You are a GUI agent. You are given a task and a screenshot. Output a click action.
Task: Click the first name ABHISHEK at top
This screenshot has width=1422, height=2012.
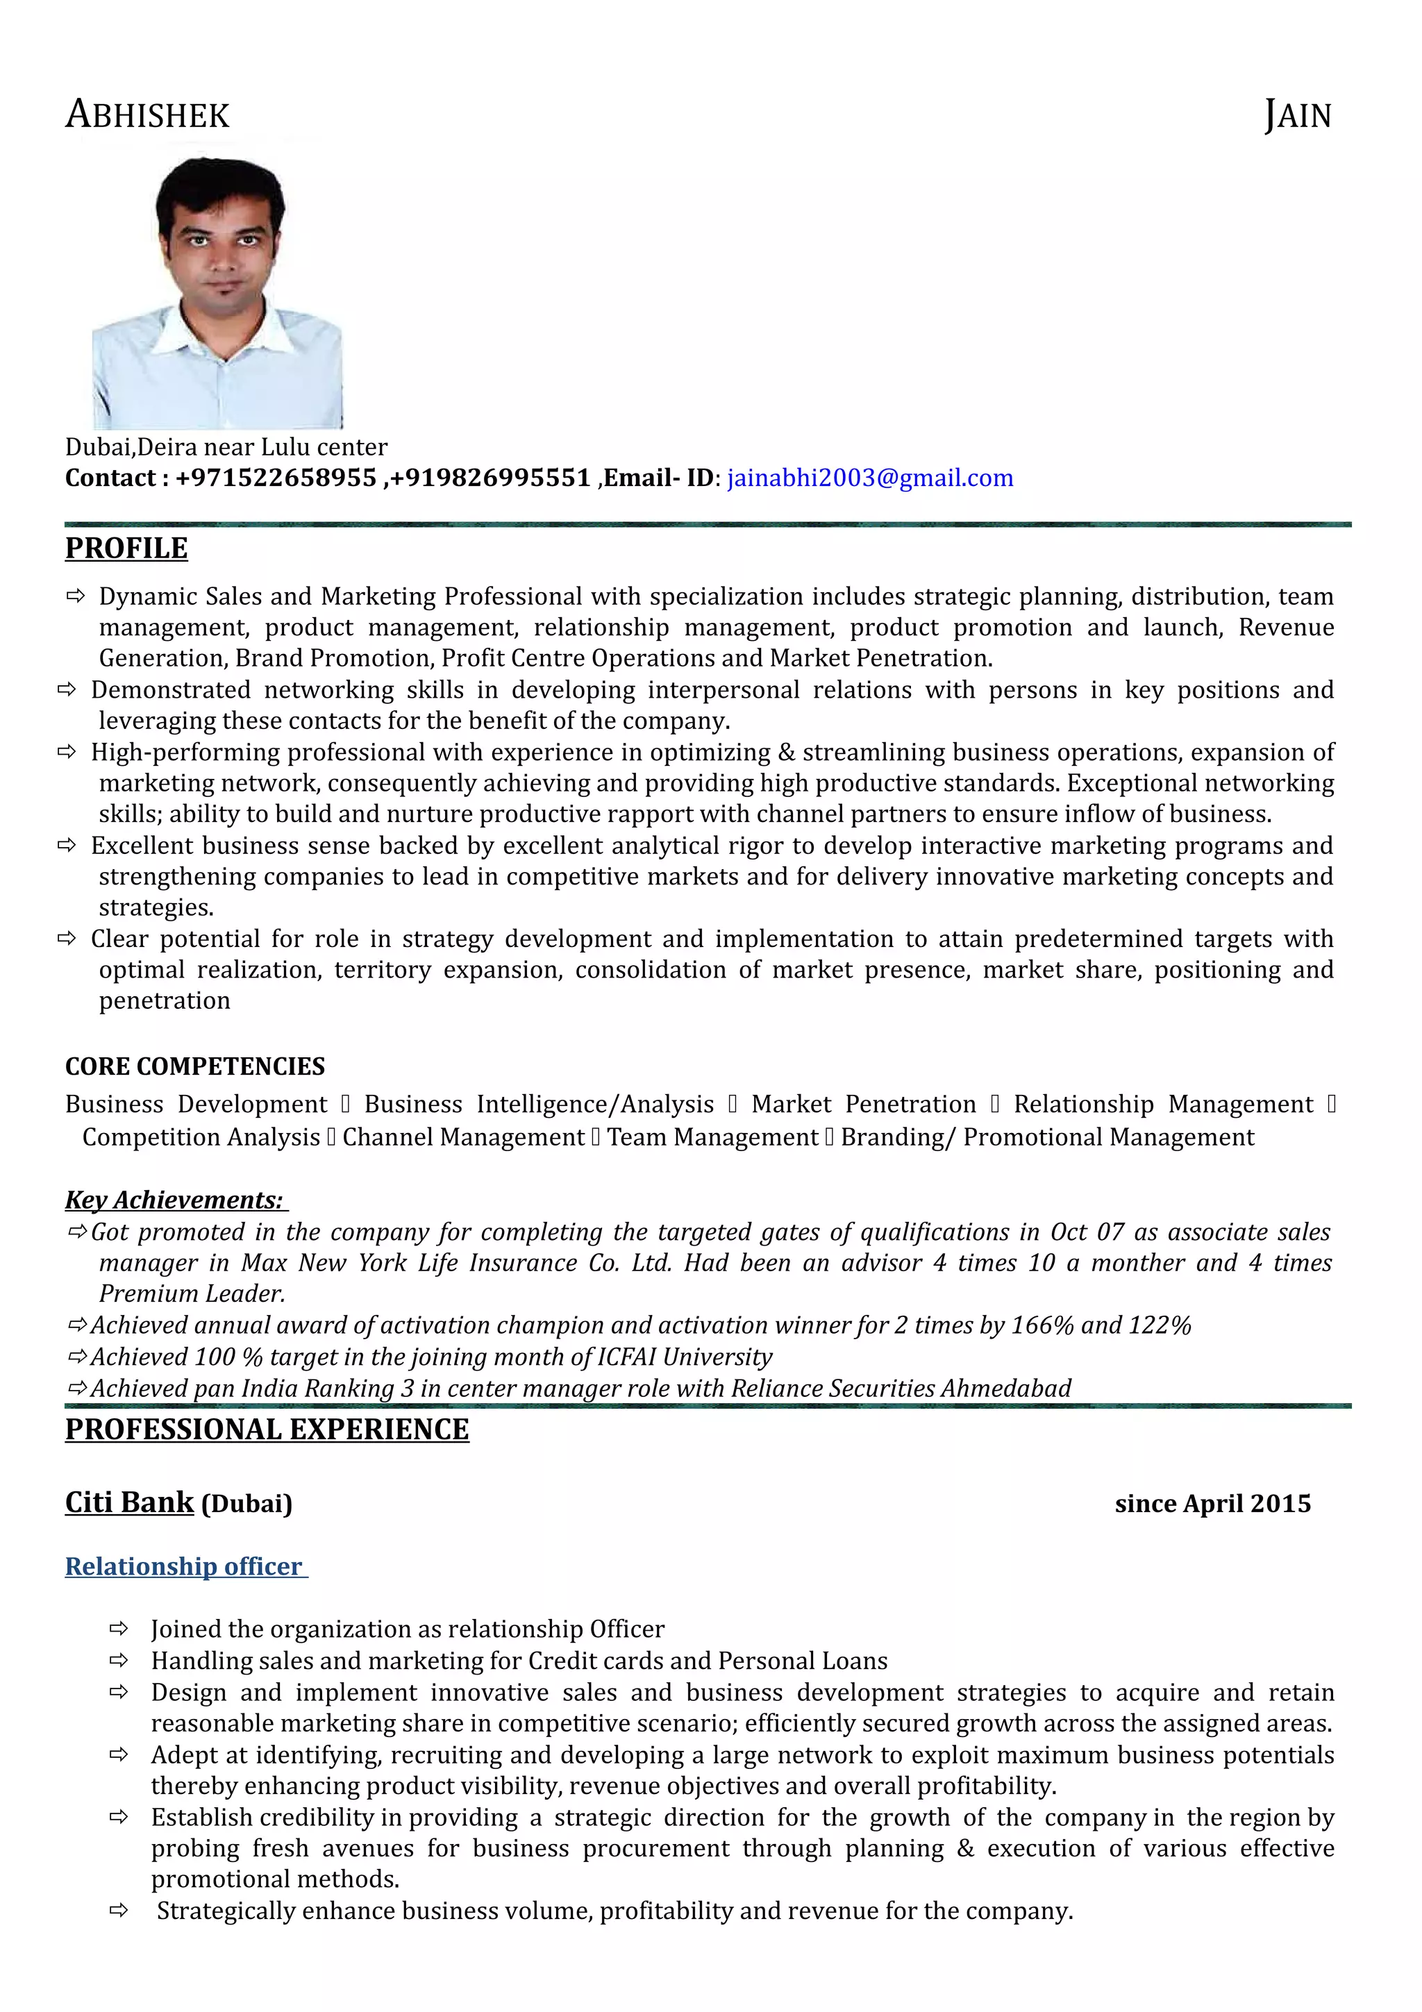click(x=147, y=115)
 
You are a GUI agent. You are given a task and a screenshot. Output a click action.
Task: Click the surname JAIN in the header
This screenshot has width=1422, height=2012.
click(x=1297, y=115)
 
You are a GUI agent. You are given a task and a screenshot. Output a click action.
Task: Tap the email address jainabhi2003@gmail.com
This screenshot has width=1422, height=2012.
click(x=869, y=478)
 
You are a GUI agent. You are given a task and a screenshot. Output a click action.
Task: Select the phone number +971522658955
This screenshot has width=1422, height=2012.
click(x=275, y=478)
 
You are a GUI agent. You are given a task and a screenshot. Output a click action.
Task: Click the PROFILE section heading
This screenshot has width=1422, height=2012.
click(x=126, y=548)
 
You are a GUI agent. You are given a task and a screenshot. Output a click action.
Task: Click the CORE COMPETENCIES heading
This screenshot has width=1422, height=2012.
click(x=194, y=1066)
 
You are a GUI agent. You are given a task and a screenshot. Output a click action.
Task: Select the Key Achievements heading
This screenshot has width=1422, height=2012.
click(x=174, y=1199)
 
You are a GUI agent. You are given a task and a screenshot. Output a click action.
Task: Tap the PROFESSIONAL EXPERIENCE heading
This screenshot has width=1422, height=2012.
click(x=267, y=1430)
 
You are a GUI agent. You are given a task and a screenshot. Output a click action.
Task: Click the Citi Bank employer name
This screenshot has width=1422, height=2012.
click(x=128, y=1502)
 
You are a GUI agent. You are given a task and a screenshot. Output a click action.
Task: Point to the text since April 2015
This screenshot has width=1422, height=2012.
click(x=1212, y=1504)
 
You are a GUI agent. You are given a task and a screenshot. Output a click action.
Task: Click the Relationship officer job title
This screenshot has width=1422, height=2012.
click(x=184, y=1566)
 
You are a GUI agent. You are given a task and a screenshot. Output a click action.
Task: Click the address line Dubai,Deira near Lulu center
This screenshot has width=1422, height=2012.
click(x=226, y=447)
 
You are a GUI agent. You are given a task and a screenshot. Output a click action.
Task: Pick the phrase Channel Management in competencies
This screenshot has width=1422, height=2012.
click(x=462, y=1137)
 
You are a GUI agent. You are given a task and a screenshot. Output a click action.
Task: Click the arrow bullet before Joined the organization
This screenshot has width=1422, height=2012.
click(x=118, y=1629)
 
